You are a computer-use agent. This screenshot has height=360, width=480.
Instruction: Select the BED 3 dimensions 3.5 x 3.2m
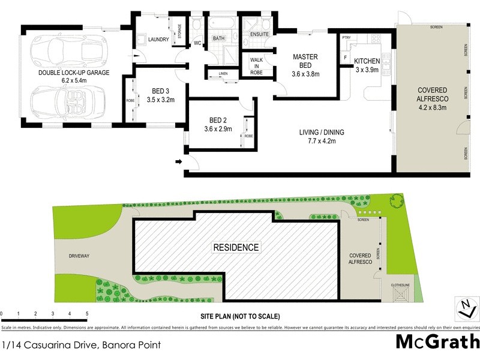pos(160,100)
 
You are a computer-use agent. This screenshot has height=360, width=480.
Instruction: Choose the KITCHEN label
pos(367,61)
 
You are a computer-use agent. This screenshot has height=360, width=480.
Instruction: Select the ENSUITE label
pos(260,34)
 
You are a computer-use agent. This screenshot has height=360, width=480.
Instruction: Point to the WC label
pos(197,44)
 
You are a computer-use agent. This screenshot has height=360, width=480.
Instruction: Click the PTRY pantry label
pos(346,37)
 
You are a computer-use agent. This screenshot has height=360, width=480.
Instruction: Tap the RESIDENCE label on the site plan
pos(236,247)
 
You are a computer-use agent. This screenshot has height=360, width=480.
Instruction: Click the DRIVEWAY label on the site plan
pos(79,256)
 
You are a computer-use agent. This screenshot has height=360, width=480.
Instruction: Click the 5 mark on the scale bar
pos(87,314)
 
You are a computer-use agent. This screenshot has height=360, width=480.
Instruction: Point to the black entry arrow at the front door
pos(178,161)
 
